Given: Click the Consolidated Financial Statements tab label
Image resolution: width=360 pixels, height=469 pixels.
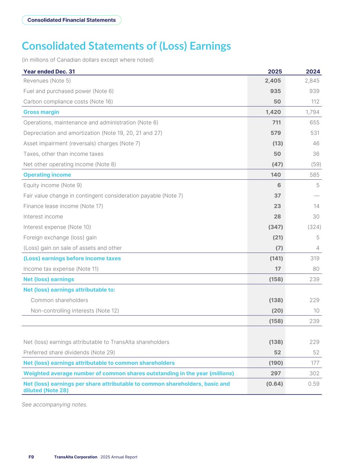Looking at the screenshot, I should click(x=71, y=20).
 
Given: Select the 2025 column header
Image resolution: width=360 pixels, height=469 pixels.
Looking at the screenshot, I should click(x=275, y=71).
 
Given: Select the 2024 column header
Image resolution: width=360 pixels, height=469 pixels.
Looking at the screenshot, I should click(x=313, y=71).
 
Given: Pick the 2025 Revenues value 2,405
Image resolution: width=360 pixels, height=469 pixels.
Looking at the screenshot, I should click(x=273, y=81).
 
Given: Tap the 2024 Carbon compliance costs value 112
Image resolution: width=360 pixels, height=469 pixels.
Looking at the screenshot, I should click(x=315, y=102).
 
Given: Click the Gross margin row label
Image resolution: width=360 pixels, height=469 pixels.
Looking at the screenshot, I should click(x=41, y=112).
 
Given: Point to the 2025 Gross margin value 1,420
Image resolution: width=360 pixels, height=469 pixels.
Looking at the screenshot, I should click(x=273, y=112).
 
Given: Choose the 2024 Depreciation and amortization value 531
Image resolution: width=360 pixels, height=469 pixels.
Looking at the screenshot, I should click(x=315, y=133).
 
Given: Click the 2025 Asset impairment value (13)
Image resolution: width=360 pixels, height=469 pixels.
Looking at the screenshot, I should click(x=278, y=143).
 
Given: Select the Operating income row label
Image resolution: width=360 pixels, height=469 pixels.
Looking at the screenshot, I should click(x=47, y=175).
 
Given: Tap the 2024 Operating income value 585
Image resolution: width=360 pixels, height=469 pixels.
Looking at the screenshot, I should click(x=314, y=175).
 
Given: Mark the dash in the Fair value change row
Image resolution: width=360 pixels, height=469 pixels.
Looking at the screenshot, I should click(x=316, y=196).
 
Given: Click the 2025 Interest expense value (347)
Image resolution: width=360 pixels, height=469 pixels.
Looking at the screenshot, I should click(x=275, y=227).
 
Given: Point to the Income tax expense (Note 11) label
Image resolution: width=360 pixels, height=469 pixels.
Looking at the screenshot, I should click(x=61, y=269).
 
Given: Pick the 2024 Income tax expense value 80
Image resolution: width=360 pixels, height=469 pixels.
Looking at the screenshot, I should click(x=316, y=269).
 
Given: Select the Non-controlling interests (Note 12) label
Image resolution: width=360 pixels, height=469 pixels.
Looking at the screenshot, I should click(x=75, y=311).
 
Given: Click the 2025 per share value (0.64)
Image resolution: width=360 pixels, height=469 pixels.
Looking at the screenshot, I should click(x=274, y=384).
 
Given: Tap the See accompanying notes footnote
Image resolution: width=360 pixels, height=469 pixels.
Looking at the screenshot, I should click(x=55, y=405).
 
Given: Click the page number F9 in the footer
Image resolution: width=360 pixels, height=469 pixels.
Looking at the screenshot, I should click(x=31, y=457).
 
